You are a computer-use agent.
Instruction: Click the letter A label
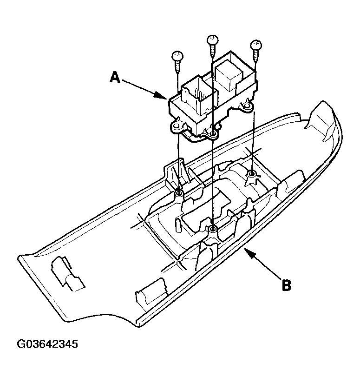tap(116, 77)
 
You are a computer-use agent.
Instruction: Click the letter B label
tap(287, 284)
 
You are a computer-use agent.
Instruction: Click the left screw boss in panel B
tap(179, 192)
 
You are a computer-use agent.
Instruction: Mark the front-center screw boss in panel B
tap(212, 229)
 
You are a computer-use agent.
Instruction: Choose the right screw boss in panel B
tap(251, 174)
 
